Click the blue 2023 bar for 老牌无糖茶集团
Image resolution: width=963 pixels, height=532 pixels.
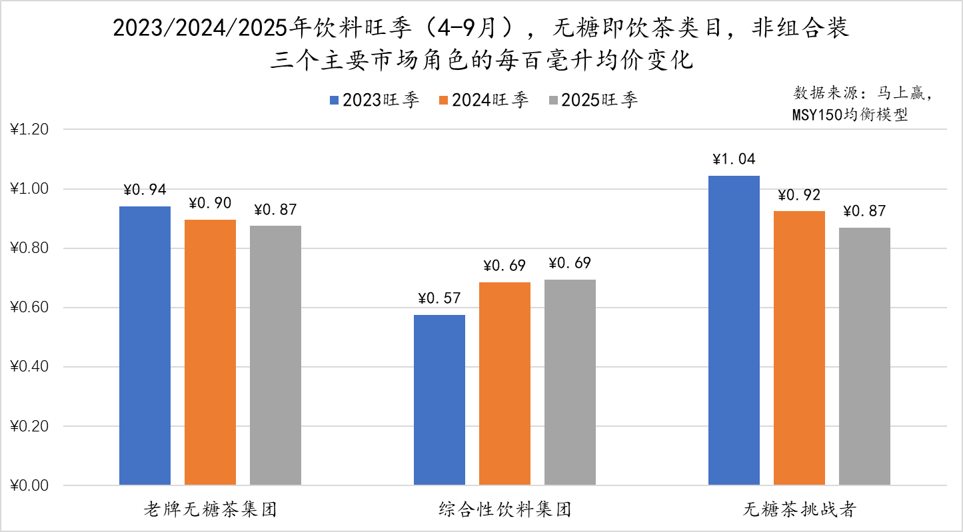coord(145,346)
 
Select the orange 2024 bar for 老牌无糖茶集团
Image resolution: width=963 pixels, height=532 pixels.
coord(210,352)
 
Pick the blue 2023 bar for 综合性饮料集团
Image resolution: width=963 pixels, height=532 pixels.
coord(439,399)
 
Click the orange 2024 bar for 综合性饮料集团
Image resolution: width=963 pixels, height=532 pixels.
coord(504,384)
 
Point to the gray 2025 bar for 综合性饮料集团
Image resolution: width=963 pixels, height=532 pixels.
coord(570,382)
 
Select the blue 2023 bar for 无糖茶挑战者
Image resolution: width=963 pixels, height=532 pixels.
coord(734,330)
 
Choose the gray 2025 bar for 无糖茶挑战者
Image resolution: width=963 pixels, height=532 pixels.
coord(864,356)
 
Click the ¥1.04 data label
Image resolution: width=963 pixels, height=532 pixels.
coord(734,160)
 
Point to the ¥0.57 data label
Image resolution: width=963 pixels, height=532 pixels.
coord(439,298)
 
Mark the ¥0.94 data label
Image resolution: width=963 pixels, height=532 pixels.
coord(145,190)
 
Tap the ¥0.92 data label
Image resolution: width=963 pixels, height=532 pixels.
coord(799,196)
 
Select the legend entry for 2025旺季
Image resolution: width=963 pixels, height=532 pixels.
coord(592,101)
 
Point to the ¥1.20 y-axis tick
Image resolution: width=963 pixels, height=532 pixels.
coord(30,130)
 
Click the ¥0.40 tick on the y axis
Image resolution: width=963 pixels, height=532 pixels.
coord(30,367)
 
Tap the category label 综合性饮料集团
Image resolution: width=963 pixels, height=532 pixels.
coord(504,511)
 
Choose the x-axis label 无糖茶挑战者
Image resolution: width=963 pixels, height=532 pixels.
coord(799,511)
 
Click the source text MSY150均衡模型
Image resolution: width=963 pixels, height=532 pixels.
coord(850,115)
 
